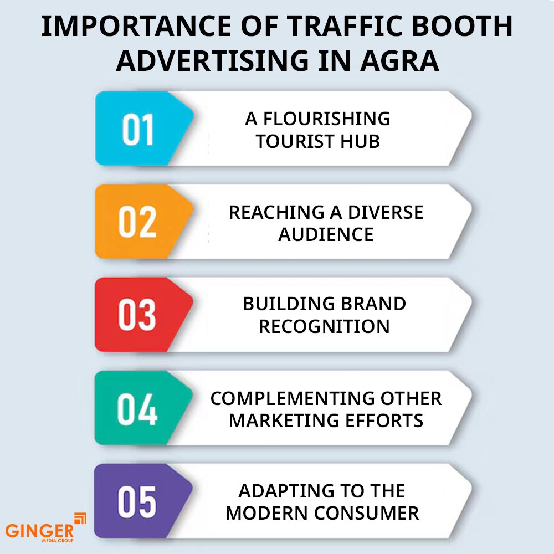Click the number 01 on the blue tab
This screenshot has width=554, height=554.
138,130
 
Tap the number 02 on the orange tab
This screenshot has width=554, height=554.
138,222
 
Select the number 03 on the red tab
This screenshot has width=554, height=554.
138,315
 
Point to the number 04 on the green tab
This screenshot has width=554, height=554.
138,408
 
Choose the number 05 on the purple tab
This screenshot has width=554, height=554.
138,501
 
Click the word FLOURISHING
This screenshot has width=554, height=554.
327,119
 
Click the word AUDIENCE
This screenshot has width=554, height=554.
326,234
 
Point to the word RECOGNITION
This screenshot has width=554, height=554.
324,326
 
